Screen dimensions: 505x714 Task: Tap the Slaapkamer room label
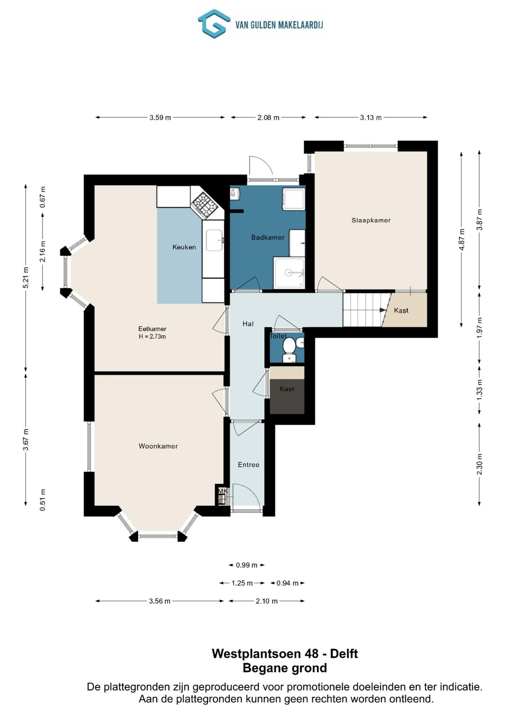click(x=371, y=220)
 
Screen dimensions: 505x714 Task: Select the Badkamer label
click(x=268, y=237)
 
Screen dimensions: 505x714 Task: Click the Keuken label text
click(x=184, y=247)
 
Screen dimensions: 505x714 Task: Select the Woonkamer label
click(x=158, y=446)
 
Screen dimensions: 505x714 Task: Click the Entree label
click(x=249, y=465)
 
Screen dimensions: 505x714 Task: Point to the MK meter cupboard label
click(x=223, y=491)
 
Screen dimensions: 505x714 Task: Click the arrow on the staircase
click(x=383, y=310)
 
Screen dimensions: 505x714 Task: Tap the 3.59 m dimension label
click(x=160, y=118)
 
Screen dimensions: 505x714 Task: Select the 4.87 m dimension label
click(x=462, y=239)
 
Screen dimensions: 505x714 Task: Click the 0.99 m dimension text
click(x=246, y=565)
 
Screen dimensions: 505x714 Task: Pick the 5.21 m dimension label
click(x=26, y=278)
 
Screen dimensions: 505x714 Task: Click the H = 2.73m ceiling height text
click(x=152, y=337)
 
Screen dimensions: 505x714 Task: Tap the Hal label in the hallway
click(x=248, y=324)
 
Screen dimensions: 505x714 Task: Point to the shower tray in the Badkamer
click(x=289, y=273)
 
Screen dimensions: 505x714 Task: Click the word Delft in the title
click(x=344, y=654)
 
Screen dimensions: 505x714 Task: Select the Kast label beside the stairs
click(x=401, y=310)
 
